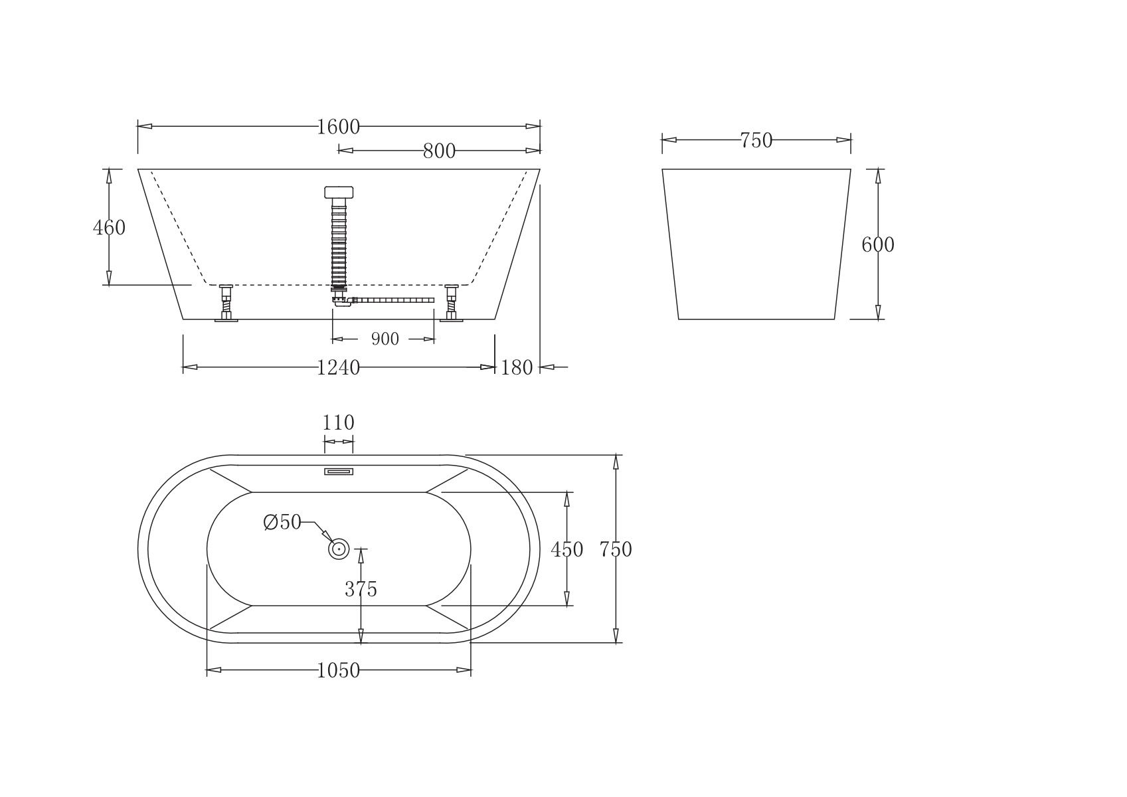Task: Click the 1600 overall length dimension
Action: tap(338, 127)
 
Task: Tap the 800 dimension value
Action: tap(439, 151)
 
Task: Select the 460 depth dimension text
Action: tap(109, 228)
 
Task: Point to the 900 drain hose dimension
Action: tap(385, 339)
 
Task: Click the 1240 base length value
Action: tap(338, 368)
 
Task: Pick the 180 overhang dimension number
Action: tap(517, 368)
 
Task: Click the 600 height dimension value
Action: tap(878, 245)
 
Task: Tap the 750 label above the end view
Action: tap(756, 140)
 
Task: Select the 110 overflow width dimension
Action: tap(338, 422)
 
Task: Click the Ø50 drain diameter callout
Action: tap(282, 522)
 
